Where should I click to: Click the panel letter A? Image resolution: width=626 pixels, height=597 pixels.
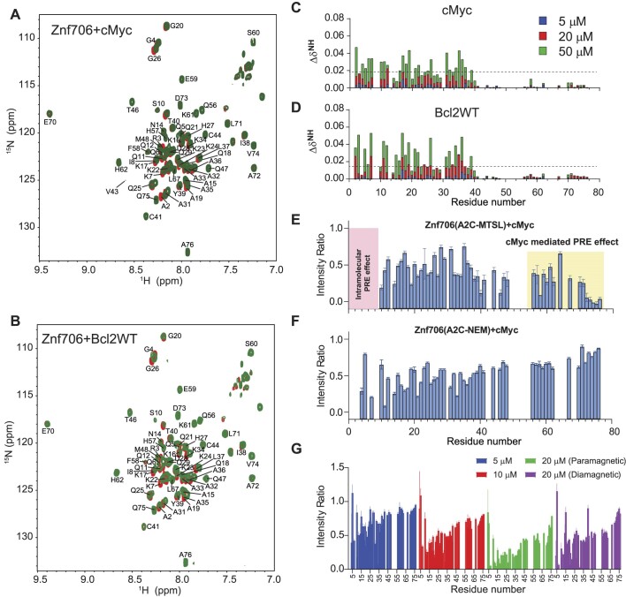click(x=8, y=8)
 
